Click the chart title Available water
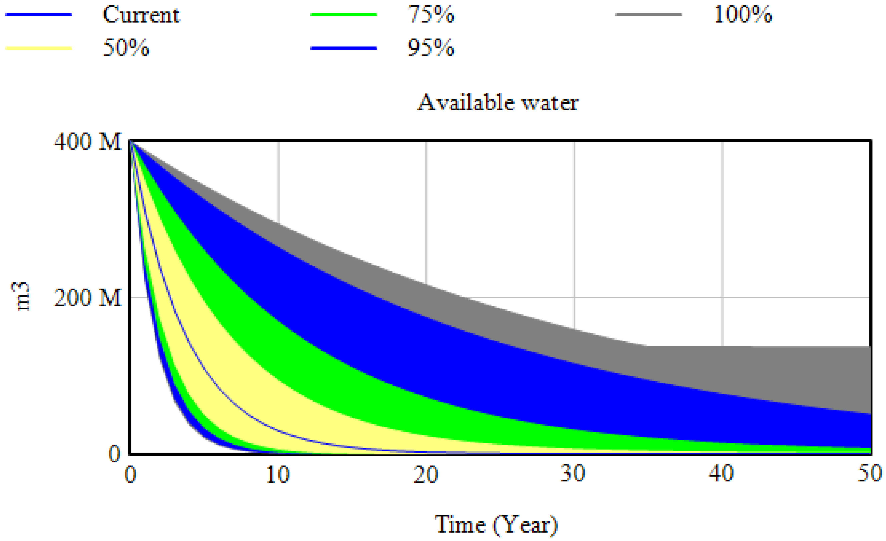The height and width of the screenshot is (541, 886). (x=498, y=103)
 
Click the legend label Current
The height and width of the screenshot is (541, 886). (x=141, y=15)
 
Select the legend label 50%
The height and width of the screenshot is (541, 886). (x=126, y=48)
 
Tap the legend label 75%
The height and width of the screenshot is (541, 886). (x=431, y=15)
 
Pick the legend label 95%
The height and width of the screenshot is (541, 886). (x=431, y=48)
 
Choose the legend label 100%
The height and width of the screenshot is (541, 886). (x=743, y=15)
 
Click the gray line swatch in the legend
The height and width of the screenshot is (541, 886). (x=649, y=15)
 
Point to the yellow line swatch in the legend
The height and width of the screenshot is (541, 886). (x=39, y=48)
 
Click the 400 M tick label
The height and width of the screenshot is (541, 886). (x=88, y=142)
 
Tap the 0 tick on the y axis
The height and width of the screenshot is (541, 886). (x=114, y=454)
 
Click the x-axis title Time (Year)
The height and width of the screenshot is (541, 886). (x=496, y=525)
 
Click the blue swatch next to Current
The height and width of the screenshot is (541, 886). (x=39, y=15)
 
